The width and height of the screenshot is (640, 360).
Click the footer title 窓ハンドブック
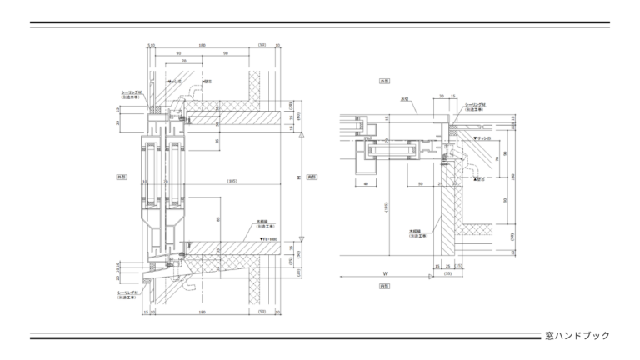coord(577,335)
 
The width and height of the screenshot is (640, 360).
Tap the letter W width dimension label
coord(386,273)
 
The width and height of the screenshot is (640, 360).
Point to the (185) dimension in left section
coord(232,180)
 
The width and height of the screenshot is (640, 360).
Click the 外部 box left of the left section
coord(122,177)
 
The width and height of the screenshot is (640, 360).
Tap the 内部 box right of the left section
coord(313,177)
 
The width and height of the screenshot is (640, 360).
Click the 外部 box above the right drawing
coord(384,81)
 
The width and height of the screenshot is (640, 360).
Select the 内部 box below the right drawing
coord(384,285)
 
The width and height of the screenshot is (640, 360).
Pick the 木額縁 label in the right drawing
coord(415,232)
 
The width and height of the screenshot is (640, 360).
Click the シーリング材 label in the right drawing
coord(476,106)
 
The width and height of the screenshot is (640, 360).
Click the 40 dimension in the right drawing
coord(366,183)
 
